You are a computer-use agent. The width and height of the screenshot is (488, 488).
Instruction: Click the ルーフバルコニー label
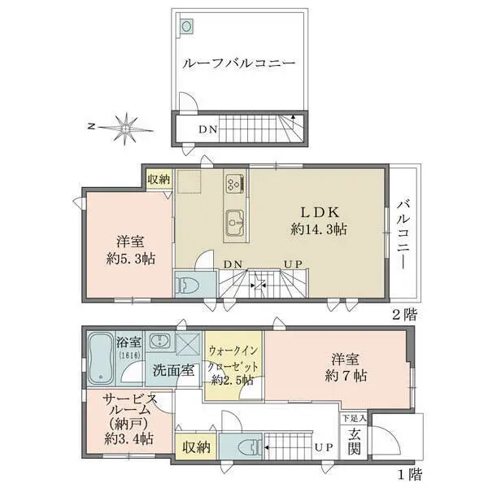[238, 63]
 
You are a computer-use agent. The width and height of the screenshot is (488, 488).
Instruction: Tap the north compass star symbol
[126, 129]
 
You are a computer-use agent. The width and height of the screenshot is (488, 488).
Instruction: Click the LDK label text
[320, 212]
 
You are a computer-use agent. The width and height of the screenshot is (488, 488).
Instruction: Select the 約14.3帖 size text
[319, 229]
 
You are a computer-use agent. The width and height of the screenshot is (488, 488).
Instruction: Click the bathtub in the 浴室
[99, 359]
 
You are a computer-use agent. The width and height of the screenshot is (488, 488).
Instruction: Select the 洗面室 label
[174, 370]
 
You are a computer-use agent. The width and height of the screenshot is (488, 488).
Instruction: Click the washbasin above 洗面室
[160, 341]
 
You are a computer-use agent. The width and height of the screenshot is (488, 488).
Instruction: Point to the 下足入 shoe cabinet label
[355, 418]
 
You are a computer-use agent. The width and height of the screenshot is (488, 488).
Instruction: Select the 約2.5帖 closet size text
[232, 381]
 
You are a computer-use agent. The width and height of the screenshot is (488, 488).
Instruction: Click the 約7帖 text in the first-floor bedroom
[346, 377]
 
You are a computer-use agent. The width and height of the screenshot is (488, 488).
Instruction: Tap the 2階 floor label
[403, 315]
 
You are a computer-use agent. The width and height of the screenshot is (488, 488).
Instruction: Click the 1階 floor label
[410, 475]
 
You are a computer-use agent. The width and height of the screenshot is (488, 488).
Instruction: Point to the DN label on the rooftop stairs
[208, 129]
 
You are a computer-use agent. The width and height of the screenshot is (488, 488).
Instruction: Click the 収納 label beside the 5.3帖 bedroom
[159, 180]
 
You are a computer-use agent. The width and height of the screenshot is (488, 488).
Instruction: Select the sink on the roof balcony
[186, 26]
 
